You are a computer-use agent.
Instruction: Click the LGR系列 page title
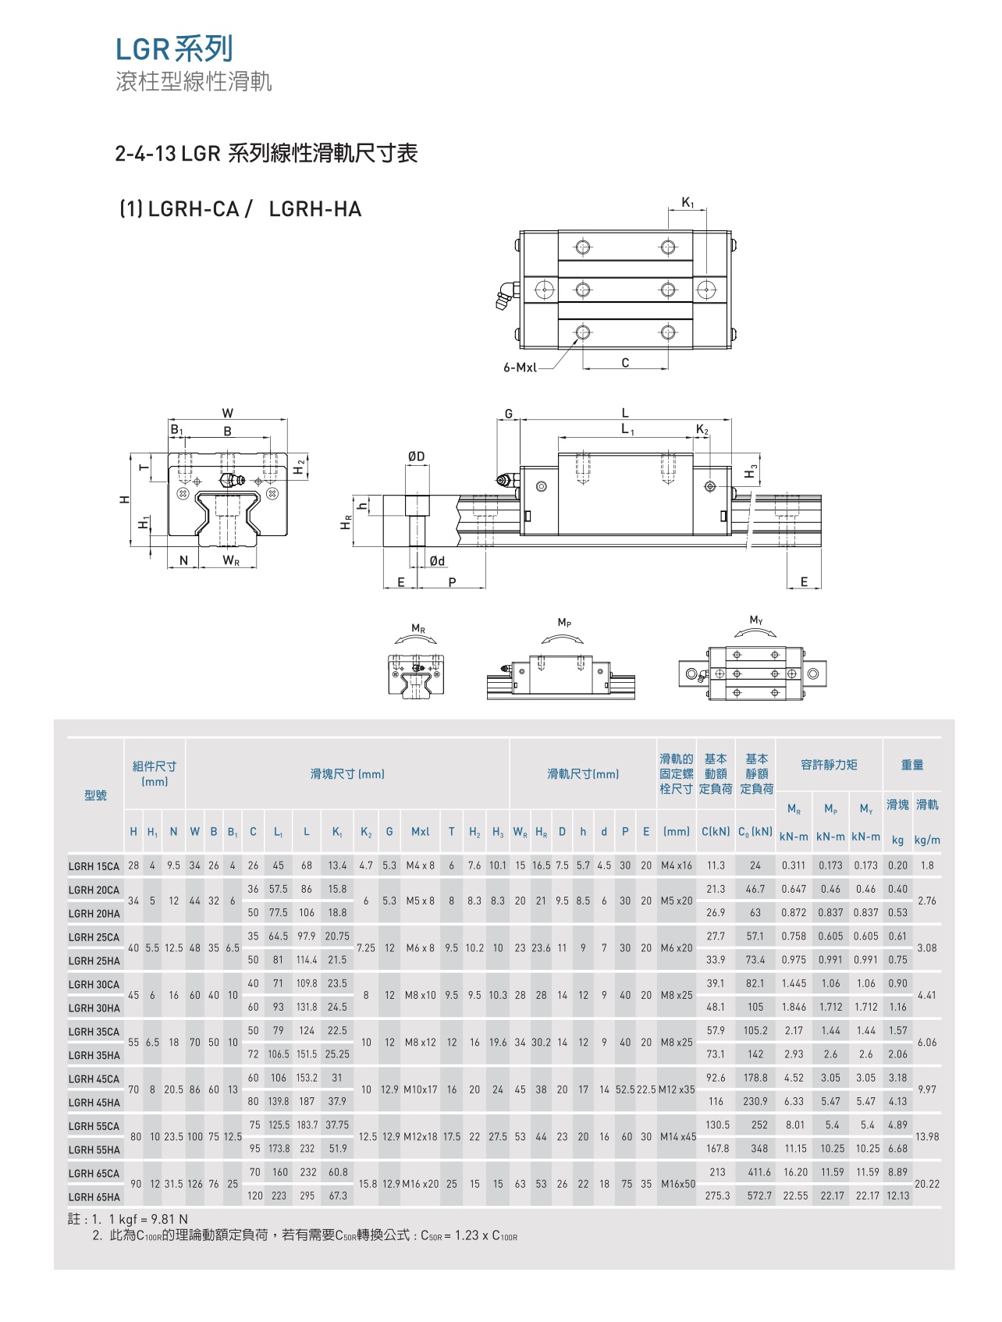pos(174,49)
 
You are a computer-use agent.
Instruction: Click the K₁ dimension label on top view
pos(688,203)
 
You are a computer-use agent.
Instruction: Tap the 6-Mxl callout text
pos(521,368)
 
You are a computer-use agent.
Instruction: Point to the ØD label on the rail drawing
pos(417,457)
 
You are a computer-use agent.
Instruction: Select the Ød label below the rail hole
pos(437,561)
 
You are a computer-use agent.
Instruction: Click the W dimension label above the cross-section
pos(228,414)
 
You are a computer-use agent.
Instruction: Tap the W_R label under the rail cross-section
pos(231,560)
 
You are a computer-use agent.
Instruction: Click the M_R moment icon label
pos(418,629)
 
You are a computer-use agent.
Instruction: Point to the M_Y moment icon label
pos(756,620)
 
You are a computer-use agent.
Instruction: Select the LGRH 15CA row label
pos(94,866)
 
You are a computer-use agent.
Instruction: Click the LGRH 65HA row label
pos(94,1197)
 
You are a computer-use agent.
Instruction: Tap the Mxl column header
pos(420,832)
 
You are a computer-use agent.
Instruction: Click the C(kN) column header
pos(716,832)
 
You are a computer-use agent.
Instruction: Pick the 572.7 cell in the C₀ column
pos(759,1196)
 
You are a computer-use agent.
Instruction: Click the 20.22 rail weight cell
pos(927,1184)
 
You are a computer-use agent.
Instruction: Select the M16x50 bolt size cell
pos(677,1184)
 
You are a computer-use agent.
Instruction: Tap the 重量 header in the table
pos(911,765)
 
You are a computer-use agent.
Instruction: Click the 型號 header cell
pos(95,795)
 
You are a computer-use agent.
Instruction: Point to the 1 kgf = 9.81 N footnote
pos(148,1219)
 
